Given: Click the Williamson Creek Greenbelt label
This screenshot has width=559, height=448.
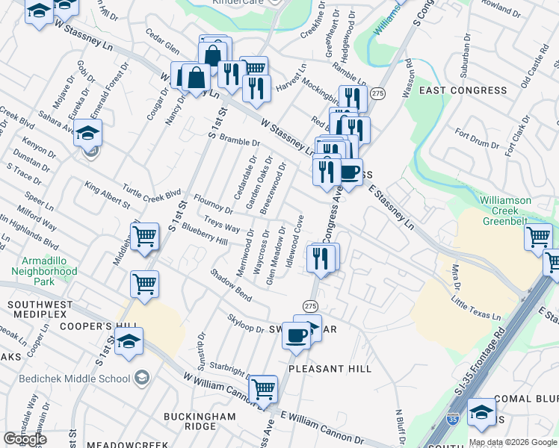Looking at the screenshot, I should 516,211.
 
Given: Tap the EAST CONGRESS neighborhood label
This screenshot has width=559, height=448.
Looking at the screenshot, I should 463,90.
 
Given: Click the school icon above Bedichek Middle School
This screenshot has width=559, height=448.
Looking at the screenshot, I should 129,343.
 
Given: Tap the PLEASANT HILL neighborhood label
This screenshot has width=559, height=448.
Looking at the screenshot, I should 330,369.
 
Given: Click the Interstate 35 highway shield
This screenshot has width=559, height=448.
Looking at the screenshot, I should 452,420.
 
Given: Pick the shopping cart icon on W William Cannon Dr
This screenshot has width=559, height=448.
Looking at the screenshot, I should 262,388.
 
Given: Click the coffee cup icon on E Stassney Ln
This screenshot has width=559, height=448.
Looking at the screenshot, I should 349,172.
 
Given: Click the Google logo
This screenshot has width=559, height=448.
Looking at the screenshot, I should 25,439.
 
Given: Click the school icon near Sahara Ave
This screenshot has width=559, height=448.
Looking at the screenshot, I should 88,134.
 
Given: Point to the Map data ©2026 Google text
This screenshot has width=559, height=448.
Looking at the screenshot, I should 513,442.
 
